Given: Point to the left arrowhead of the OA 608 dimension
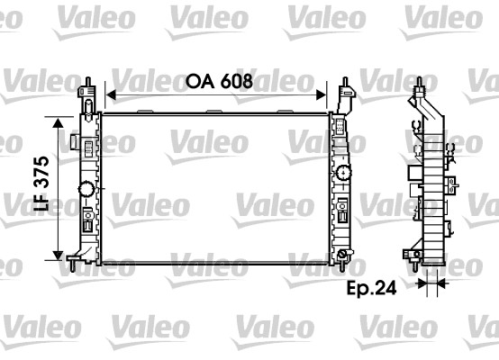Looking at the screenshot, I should [111, 93].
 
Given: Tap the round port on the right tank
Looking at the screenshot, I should [342, 174].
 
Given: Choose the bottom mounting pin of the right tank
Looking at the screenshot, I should [343, 261].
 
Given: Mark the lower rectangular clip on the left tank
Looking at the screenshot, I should [87, 218].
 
